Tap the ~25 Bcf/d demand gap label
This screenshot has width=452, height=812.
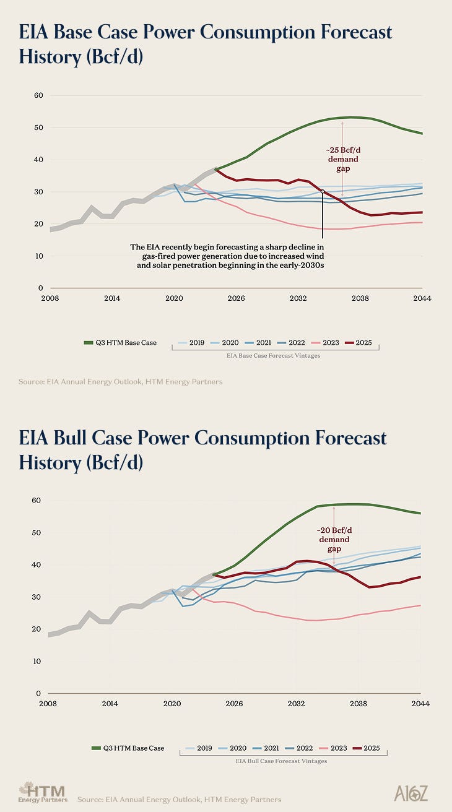(x=342, y=159)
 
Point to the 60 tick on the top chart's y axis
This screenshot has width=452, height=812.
(x=38, y=95)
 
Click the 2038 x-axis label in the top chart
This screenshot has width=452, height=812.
(x=360, y=298)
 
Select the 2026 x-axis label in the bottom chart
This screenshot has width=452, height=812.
(x=234, y=704)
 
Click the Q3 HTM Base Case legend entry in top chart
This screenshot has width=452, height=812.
(x=120, y=342)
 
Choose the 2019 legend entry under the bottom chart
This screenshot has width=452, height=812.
(x=198, y=748)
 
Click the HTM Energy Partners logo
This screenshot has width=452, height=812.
(x=42, y=792)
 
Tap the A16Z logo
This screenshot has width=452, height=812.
(x=411, y=793)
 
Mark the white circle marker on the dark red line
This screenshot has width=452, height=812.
(x=323, y=192)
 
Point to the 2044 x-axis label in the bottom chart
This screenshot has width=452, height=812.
(x=420, y=704)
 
